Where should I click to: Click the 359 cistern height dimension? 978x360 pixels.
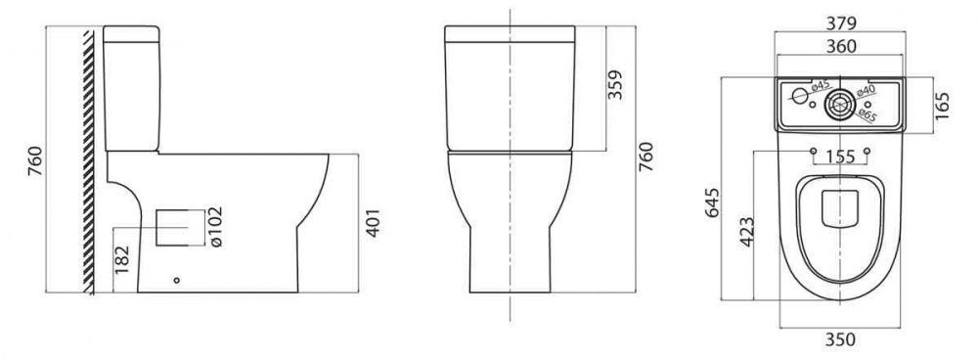coord(615,84)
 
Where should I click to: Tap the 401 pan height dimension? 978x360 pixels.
coord(373,223)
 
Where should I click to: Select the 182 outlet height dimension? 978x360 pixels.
coord(122,259)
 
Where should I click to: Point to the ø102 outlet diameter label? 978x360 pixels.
coord(216,227)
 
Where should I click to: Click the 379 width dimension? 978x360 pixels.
coord(841,23)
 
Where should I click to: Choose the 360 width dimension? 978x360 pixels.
coord(841,46)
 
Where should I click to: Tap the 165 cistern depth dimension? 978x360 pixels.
coord(942,106)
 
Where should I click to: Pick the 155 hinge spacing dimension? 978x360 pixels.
coord(840,157)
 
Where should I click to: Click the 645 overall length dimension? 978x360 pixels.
coord(712,202)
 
